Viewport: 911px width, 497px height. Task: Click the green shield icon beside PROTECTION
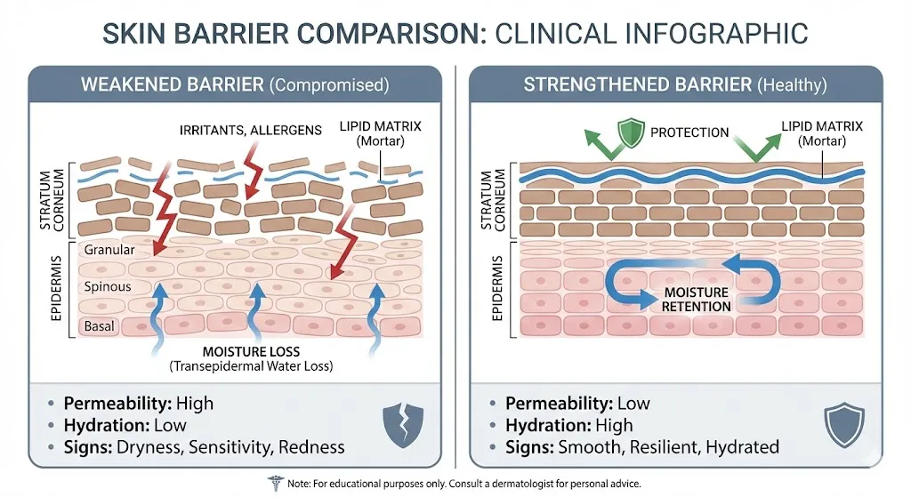630,132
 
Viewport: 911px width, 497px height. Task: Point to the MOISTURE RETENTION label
697,299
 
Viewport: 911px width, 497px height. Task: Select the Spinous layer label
107,287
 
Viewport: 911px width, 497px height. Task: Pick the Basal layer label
99,326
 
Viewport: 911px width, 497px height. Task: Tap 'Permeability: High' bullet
139,403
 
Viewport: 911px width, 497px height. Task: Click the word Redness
311,446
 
